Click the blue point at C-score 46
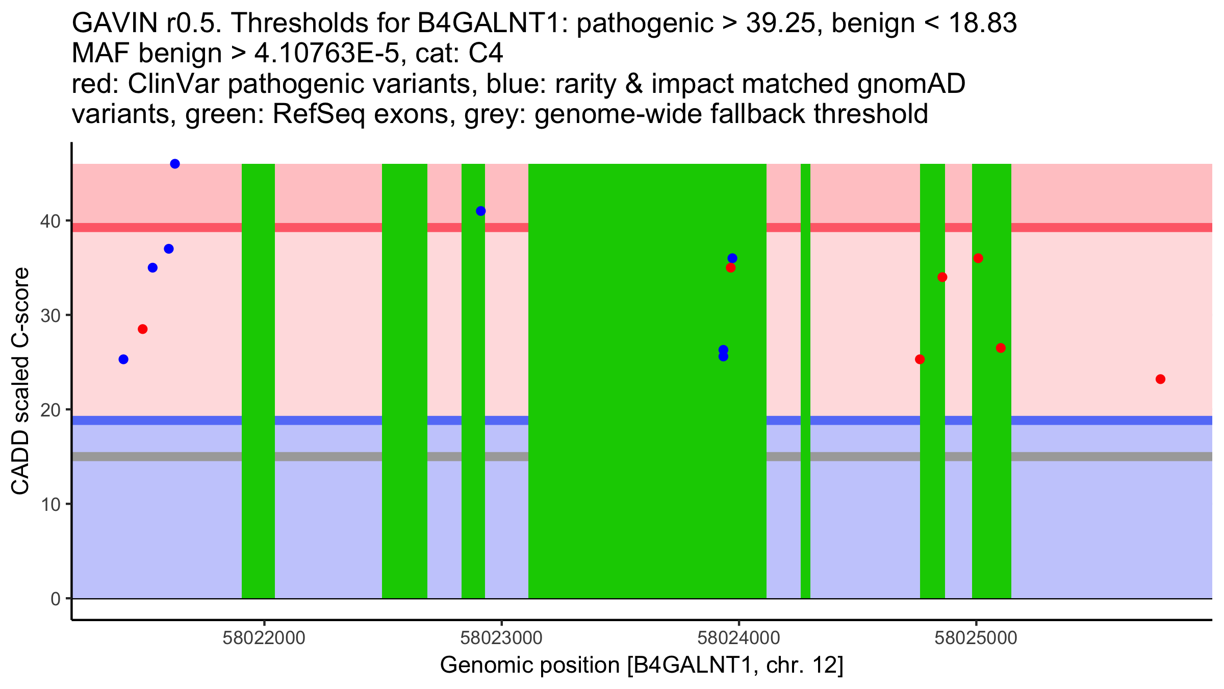(x=174, y=164)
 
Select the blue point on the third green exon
(x=480, y=211)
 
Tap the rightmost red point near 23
(x=1160, y=379)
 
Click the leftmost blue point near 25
(x=123, y=359)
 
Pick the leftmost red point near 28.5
(x=143, y=329)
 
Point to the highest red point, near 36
(x=978, y=258)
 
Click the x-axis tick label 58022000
(x=264, y=638)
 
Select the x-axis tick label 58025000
(x=976, y=638)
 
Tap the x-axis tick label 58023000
(x=501, y=638)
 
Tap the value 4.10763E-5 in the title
(x=326, y=54)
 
